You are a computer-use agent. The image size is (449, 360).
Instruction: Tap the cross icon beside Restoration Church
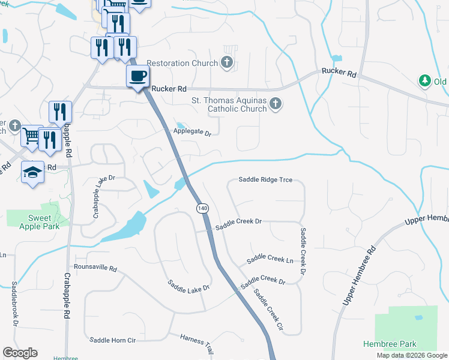[227, 62]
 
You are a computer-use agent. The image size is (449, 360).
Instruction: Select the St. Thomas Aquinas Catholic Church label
[229, 105]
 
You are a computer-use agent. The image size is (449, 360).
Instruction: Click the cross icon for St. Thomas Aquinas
[276, 104]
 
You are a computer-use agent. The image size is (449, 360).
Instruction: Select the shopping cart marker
[31, 136]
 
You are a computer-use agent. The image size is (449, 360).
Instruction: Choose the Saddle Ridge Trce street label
[265, 179]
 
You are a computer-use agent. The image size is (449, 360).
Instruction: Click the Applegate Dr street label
[193, 132]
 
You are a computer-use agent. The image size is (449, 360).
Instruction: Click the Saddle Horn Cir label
[113, 340]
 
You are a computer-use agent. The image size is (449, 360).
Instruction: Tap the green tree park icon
[425, 80]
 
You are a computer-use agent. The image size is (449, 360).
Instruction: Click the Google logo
[20, 353]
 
